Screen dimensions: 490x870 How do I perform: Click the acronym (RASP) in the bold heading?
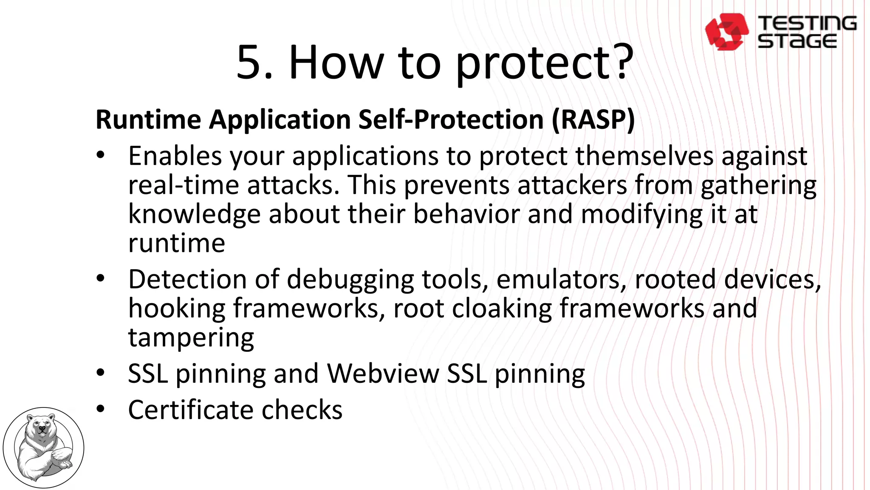pyautogui.click(x=593, y=120)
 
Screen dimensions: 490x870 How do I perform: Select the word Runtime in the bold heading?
pyautogui.click(x=148, y=120)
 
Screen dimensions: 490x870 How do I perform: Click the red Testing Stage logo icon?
pyautogui.click(x=726, y=32)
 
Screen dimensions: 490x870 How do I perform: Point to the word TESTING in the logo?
pyautogui.click(x=807, y=23)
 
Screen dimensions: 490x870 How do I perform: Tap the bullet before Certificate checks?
pyautogui.click(x=100, y=409)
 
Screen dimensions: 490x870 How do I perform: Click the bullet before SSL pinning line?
pyautogui.click(x=100, y=373)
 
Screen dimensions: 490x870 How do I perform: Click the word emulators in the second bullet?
pyautogui.click(x=561, y=280)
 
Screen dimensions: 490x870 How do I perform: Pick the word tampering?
pyautogui.click(x=191, y=338)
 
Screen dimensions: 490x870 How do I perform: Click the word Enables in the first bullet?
pyautogui.click(x=175, y=156)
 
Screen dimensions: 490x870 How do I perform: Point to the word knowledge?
pyautogui.click(x=194, y=214)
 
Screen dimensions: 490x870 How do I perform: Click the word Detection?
pyautogui.click(x=187, y=280)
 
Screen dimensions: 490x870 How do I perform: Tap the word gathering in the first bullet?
pyautogui.click(x=758, y=185)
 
